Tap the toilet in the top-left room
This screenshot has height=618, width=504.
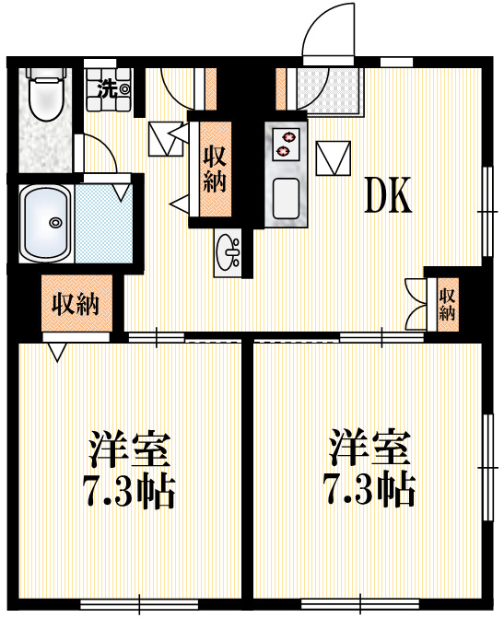pyautogui.click(x=42, y=95)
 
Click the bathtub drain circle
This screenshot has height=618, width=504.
pyautogui.click(x=55, y=222)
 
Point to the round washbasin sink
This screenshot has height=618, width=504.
pyautogui.click(x=229, y=248)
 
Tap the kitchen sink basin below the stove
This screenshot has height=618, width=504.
pyautogui.click(x=287, y=196)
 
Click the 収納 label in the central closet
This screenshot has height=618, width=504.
pyautogui.click(x=214, y=168)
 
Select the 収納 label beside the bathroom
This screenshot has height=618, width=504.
pyautogui.click(x=76, y=303)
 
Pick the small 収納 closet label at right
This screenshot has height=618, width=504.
pyautogui.click(x=448, y=304)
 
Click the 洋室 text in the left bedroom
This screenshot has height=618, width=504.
pyautogui.click(x=130, y=449)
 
